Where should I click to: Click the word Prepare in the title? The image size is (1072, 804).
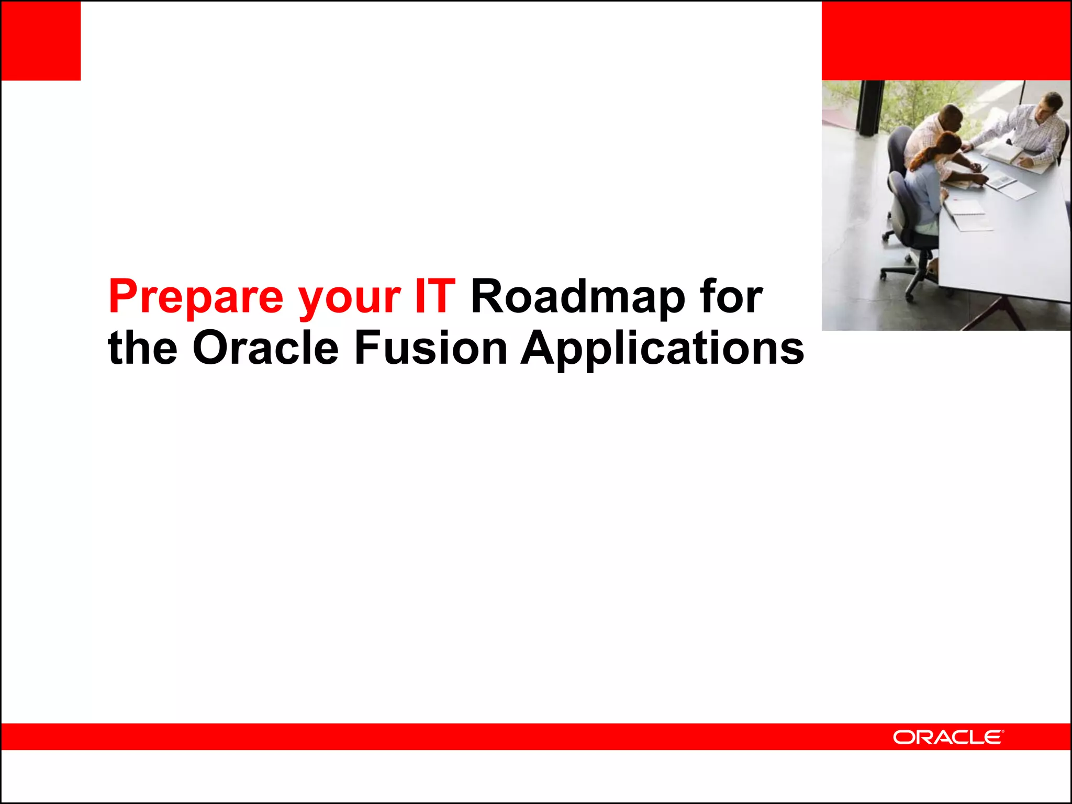tap(196, 297)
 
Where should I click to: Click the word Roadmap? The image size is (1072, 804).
tap(577, 297)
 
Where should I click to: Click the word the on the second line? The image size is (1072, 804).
tap(142, 348)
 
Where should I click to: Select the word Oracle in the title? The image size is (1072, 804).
tap(265, 348)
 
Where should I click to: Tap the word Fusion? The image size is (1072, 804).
tap(431, 348)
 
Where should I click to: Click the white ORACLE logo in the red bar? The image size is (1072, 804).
tap(948, 737)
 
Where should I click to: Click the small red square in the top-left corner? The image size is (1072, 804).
tap(41, 40)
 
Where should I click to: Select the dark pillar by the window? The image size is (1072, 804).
tap(870, 107)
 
